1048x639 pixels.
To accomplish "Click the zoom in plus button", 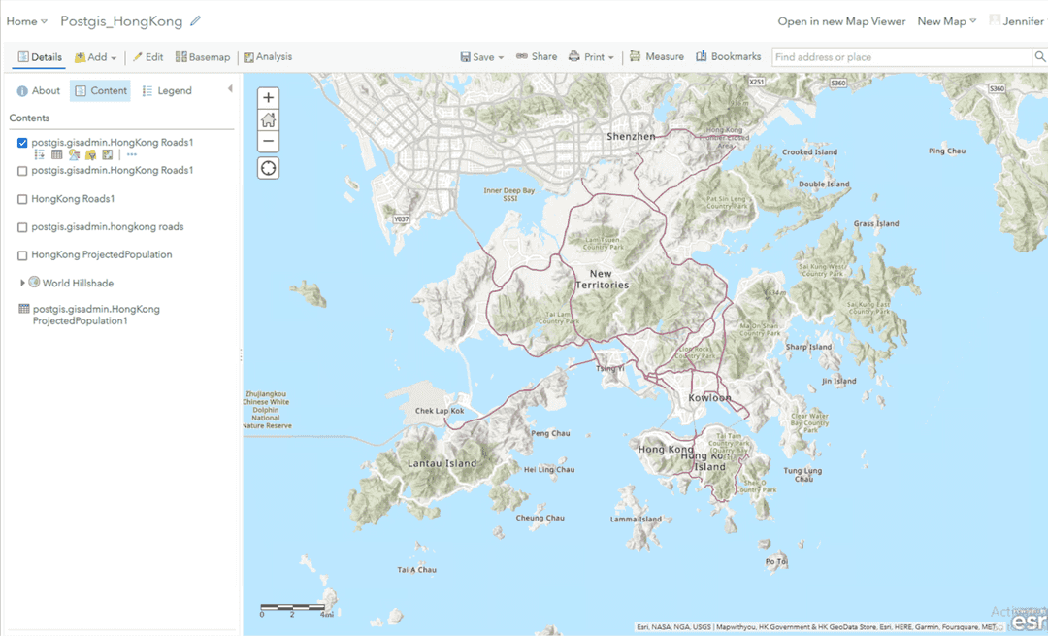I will [269, 98].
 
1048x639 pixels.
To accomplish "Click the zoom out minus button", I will [269, 143].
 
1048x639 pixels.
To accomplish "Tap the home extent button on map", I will [269, 120].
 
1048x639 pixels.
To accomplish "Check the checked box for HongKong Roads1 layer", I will [22, 143].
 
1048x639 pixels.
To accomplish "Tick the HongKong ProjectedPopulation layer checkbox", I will [22, 255].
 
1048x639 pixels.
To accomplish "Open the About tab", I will [39, 91].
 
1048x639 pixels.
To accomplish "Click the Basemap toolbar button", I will [203, 57].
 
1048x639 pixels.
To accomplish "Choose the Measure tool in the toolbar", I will [657, 57].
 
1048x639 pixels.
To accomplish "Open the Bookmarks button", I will [729, 57].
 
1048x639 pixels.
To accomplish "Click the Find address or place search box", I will [901, 57].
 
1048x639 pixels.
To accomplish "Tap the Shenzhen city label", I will [631, 137].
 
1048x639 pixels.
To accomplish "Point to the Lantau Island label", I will [442, 463].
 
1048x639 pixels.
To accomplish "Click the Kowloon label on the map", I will [709, 398].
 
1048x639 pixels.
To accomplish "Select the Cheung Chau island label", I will [540, 518].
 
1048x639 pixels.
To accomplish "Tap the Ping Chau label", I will [947, 151].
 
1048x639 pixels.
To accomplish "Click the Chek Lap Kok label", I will [441, 411].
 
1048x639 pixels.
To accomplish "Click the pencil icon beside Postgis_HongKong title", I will [196, 21].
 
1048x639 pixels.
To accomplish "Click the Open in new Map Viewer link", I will [841, 21].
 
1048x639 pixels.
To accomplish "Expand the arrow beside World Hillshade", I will [22, 283].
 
